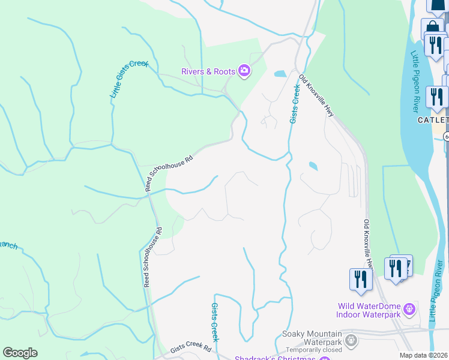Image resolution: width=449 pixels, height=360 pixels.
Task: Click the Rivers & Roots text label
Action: click(x=208, y=71)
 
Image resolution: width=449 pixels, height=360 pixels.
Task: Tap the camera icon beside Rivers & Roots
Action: click(x=244, y=71)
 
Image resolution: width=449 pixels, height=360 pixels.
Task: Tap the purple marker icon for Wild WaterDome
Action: click(x=409, y=310)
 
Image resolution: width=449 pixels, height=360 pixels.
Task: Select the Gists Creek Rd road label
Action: click(x=190, y=348)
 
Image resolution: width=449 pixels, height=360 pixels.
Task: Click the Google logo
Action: click(x=20, y=353)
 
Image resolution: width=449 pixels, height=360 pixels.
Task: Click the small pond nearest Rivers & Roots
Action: click(x=280, y=74)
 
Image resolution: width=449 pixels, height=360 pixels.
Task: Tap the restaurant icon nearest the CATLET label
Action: click(x=436, y=97)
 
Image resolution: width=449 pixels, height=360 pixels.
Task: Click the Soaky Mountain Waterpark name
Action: click(x=312, y=334)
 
